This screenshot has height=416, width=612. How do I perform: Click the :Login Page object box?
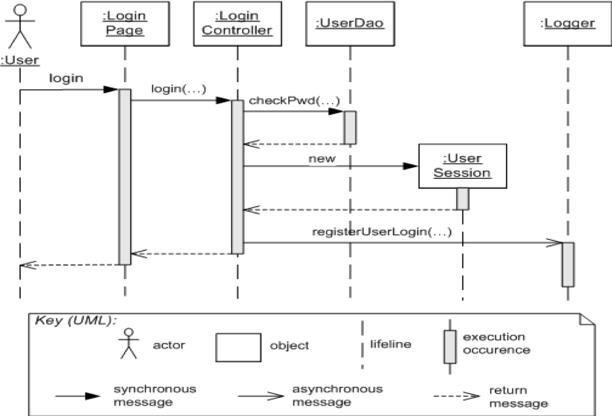[x=125, y=24]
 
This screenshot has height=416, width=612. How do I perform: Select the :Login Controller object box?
[x=237, y=24]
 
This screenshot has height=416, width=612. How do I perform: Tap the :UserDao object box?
[x=350, y=24]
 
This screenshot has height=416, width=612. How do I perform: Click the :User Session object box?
[x=462, y=166]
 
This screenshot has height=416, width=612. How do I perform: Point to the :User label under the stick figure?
[x=20, y=61]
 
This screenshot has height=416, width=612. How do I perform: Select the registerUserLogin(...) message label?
[x=382, y=232]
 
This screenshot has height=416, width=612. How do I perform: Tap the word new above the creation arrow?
[x=322, y=159]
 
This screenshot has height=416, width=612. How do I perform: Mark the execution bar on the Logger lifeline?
[x=567, y=264]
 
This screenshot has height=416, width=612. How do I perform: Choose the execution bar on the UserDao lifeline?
[x=350, y=127]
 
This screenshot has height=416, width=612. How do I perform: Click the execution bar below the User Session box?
[x=462, y=199]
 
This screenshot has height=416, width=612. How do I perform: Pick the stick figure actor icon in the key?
[x=129, y=344]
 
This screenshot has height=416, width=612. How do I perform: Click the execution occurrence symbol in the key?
[x=450, y=346]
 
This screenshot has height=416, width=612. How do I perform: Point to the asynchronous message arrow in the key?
[x=261, y=396]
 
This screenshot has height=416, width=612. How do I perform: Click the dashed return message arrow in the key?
[x=455, y=396]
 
